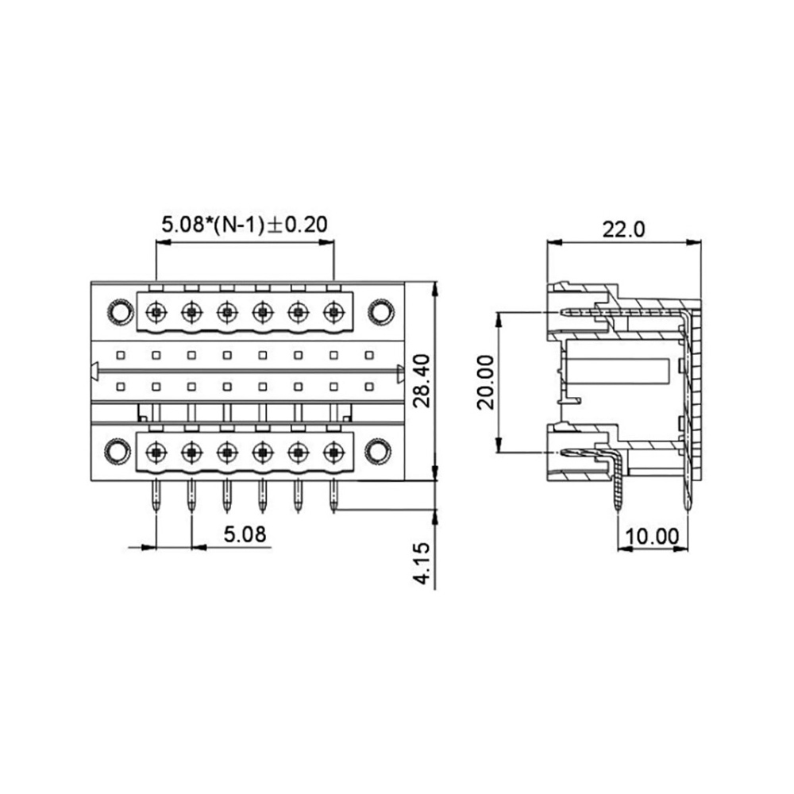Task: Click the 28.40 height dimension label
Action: tap(422, 381)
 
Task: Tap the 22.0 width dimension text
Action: tap(623, 229)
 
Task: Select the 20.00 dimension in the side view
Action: tap(486, 383)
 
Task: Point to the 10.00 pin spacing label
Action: tap(652, 537)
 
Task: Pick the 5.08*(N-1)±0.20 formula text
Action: tap(245, 225)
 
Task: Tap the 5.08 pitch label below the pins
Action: tap(245, 534)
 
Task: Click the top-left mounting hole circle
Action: tap(120, 312)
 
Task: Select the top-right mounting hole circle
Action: tap(381, 312)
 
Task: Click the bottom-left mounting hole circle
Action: tap(117, 450)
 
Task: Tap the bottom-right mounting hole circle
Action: tap(378, 450)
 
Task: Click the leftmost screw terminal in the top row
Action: tap(156, 312)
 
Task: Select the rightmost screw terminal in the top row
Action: tap(333, 312)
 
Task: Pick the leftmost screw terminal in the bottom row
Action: tap(156, 450)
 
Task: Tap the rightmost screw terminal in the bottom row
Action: tap(333, 450)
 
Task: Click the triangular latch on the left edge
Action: tap(94, 372)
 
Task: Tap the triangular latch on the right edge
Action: tap(400, 373)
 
